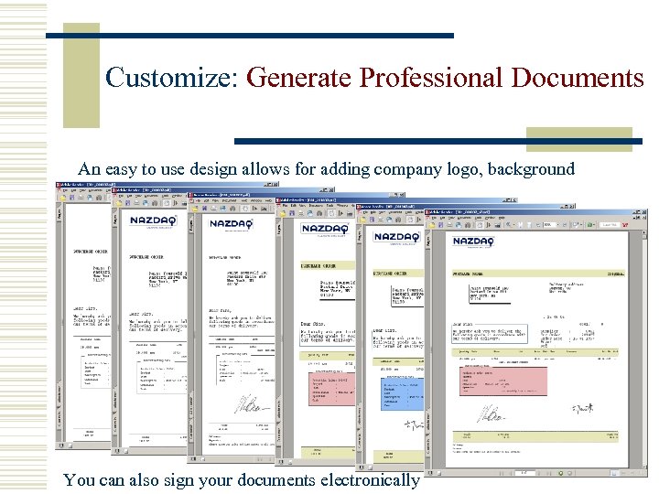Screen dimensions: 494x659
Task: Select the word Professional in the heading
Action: pyautogui.click(x=427, y=78)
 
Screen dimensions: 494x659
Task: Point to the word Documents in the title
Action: pyautogui.click(x=577, y=78)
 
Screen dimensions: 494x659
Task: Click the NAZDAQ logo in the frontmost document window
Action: pyautogui.click(x=472, y=242)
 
